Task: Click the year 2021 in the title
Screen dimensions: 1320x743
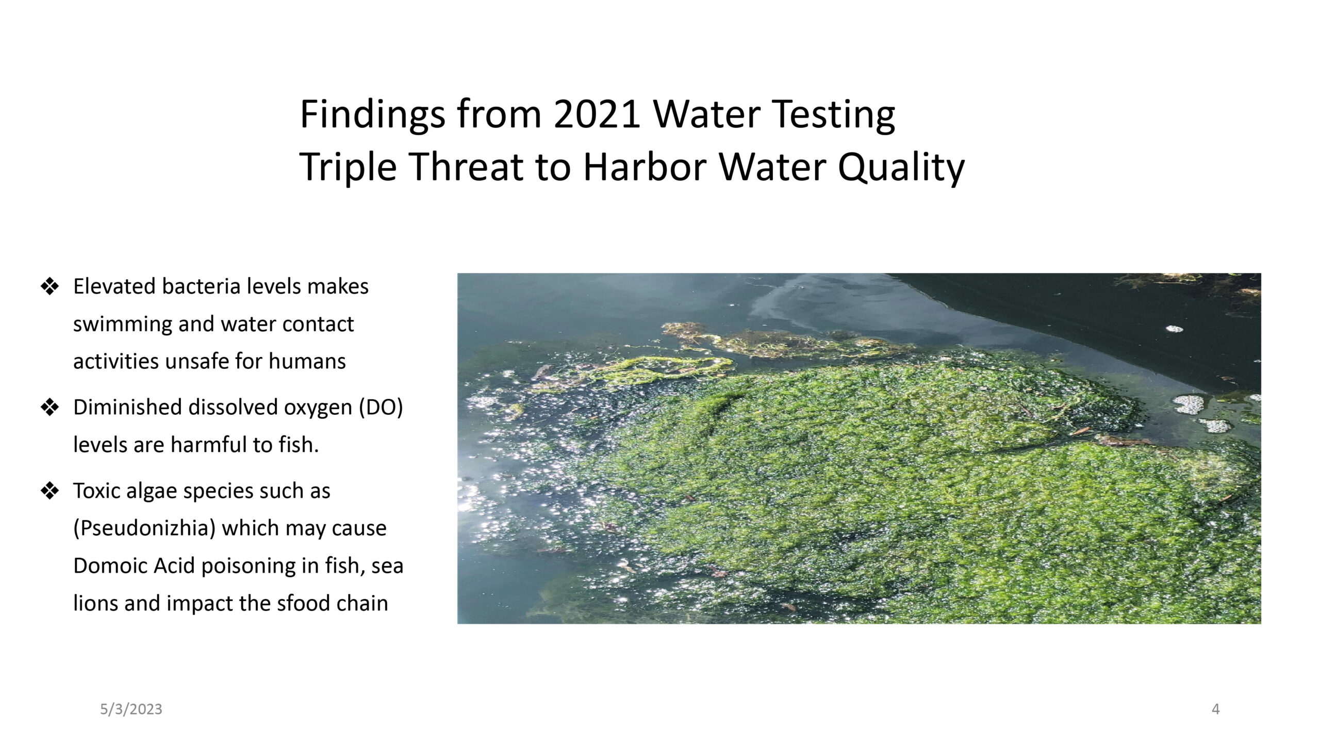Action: (597, 114)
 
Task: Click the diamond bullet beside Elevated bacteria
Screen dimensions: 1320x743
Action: (50, 287)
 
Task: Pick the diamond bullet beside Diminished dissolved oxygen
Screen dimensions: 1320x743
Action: (50, 408)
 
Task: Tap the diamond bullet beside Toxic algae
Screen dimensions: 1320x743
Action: (50, 491)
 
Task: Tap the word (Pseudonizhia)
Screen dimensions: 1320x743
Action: (144, 528)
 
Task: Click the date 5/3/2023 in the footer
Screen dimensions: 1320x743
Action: (131, 709)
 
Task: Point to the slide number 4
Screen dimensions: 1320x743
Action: (1215, 709)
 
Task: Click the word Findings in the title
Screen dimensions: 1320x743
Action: (372, 115)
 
